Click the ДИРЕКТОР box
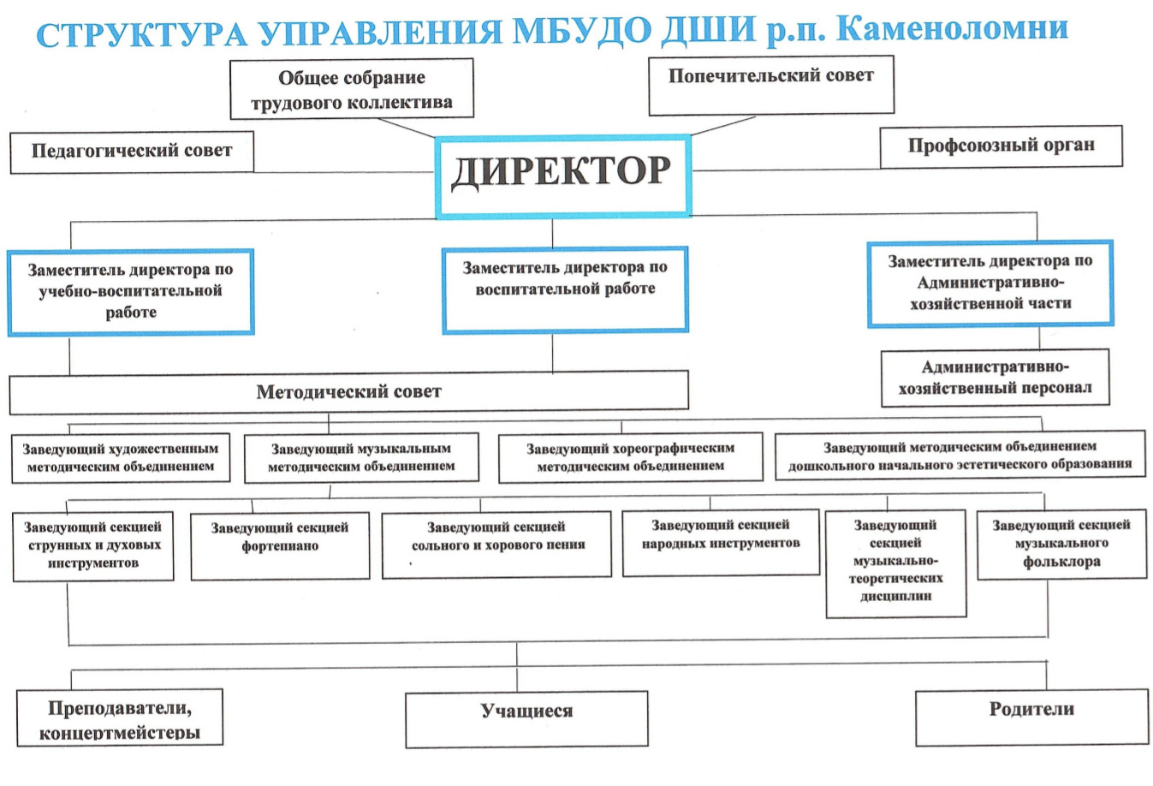[x=563, y=176]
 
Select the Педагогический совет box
[x=132, y=152]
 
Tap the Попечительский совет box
[x=771, y=85]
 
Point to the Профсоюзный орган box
[x=1001, y=146]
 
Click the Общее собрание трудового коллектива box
[x=352, y=89]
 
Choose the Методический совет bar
[x=348, y=392]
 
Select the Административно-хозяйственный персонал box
[x=995, y=378]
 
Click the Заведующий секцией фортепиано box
[x=280, y=545]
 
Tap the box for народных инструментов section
[x=721, y=543]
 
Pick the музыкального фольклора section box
[x=1062, y=545]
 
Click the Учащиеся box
[x=526, y=719]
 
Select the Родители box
[x=1031, y=718]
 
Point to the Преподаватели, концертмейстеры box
[x=120, y=717]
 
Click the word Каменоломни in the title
[x=952, y=29]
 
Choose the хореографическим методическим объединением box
[x=631, y=457]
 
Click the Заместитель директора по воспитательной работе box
[x=565, y=289]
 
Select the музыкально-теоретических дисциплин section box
[x=896, y=563]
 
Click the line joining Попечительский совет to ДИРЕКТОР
[x=722, y=126]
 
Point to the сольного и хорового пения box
[x=496, y=545]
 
